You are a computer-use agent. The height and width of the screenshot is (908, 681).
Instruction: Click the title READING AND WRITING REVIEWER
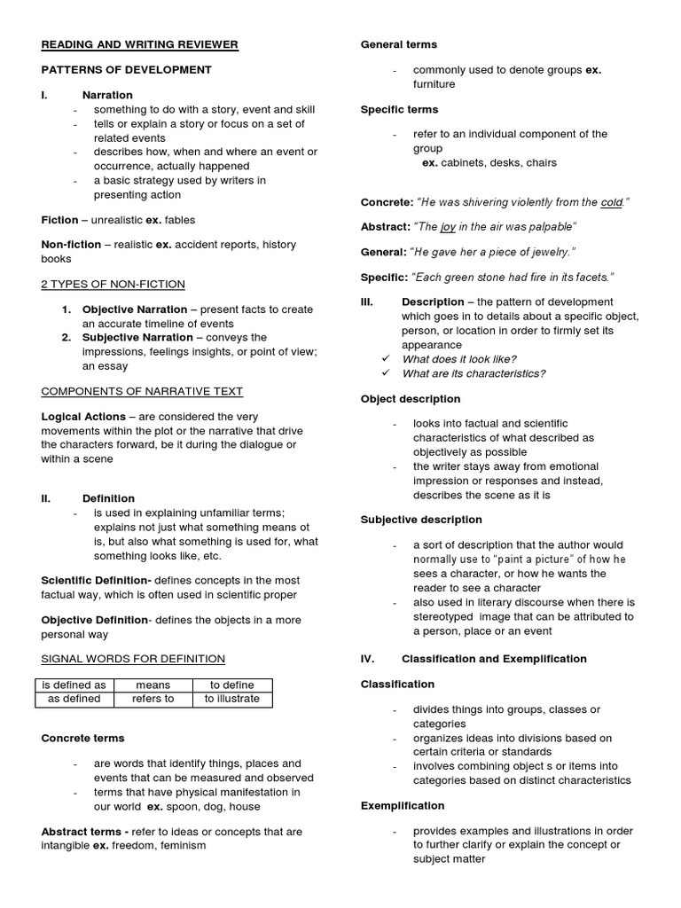[x=139, y=44]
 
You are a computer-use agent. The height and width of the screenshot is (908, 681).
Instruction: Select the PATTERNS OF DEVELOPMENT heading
[x=126, y=69]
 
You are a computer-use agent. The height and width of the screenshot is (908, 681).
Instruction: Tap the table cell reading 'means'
[x=153, y=685]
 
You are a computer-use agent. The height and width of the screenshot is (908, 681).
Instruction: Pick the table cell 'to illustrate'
[x=231, y=699]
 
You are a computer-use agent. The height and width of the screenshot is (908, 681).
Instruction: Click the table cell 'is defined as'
[x=74, y=685]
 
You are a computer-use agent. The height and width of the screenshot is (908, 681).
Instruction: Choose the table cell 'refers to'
[x=153, y=699]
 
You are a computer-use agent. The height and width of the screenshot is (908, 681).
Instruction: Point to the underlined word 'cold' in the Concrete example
[x=611, y=202]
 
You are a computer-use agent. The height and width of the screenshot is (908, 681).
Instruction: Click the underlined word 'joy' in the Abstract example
[x=448, y=227]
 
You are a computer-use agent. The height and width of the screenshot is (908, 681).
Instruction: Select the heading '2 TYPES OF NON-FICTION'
[x=113, y=284]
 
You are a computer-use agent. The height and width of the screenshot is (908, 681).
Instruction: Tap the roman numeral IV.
[x=368, y=659]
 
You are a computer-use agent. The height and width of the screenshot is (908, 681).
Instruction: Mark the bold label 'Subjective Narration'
[x=137, y=337]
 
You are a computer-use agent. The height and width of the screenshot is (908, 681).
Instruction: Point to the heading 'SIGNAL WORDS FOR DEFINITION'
[x=133, y=658]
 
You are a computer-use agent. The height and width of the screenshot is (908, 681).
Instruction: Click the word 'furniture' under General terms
[x=434, y=84]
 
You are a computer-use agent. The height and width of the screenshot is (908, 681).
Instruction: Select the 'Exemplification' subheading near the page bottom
[x=403, y=806]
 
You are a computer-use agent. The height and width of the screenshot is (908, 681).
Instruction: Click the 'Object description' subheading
[x=411, y=399]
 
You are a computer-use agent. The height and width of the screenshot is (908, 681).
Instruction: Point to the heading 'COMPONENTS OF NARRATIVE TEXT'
[x=142, y=391]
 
